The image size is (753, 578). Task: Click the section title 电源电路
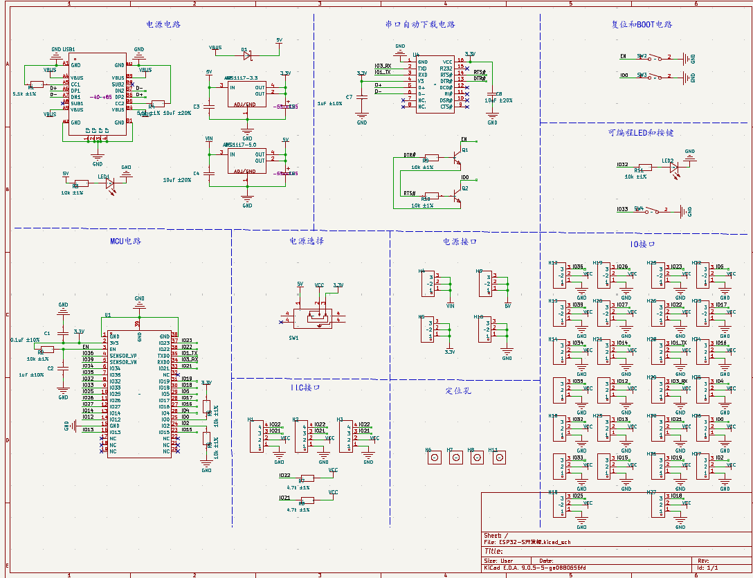tap(163, 24)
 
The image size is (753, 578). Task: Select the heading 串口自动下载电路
tap(420, 24)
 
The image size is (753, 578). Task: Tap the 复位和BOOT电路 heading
tap(642, 24)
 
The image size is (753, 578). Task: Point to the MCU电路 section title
tap(125, 242)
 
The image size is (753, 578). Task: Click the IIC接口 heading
tap(305, 388)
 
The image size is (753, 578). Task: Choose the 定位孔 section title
tap(458, 391)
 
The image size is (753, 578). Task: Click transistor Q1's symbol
tap(457, 159)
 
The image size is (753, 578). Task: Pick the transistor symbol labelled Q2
tap(457, 198)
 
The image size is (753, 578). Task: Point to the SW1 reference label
tap(293, 338)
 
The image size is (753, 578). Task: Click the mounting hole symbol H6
tap(435, 458)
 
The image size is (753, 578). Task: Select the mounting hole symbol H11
tap(498, 458)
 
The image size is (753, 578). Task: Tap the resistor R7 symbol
tap(307, 478)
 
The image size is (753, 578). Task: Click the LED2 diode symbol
tap(673, 167)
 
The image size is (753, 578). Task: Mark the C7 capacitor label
tap(349, 98)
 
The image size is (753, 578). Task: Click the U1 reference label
tap(107, 315)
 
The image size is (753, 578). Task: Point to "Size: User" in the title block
tap(498, 561)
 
